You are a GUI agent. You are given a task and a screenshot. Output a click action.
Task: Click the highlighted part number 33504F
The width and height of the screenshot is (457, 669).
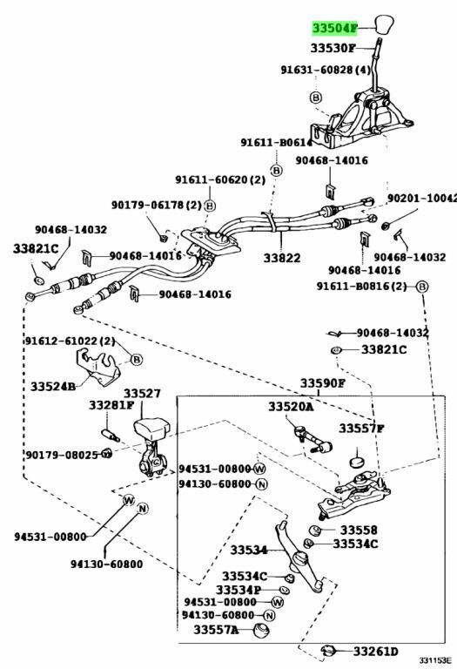tap(334, 28)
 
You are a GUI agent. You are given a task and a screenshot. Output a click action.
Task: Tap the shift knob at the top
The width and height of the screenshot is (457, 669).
tap(384, 25)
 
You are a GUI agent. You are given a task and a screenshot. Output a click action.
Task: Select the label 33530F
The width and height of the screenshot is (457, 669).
tap(333, 48)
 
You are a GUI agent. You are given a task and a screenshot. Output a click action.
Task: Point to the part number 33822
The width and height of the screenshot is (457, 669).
tap(282, 258)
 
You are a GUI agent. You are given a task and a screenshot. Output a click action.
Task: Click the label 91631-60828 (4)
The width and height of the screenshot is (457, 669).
tap(326, 70)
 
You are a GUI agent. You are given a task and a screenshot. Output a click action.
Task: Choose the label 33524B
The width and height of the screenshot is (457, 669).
tap(53, 387)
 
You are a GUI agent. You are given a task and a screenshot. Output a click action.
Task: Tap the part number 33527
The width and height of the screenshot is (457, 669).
tap(143, 394)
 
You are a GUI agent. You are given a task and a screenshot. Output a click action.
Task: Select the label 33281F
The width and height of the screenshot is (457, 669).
tap(111, 405)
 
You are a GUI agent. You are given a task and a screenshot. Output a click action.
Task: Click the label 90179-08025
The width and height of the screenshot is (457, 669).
tap(62, 455)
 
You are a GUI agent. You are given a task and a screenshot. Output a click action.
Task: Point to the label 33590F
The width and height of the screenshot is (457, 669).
tap(322, 383)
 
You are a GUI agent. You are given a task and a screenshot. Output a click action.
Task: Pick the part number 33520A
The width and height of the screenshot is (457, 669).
tap(291, 407)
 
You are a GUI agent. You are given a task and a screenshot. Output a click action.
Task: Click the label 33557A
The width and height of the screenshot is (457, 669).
tap(216, 629)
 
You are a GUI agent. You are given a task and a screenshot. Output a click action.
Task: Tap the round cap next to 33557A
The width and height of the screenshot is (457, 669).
tap(261, 631)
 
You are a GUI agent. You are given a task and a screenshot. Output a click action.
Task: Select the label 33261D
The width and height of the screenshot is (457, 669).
tap(375, 651)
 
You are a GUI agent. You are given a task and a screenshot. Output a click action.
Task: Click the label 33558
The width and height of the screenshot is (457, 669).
tap(359, 530)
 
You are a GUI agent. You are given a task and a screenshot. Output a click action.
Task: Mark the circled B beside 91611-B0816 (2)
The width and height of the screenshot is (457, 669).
tap(421, 287)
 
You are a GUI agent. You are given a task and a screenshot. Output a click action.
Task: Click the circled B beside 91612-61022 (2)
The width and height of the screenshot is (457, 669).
tap(137, 360)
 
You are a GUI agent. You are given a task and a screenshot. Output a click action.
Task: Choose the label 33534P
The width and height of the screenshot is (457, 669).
tap(239, 590)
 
